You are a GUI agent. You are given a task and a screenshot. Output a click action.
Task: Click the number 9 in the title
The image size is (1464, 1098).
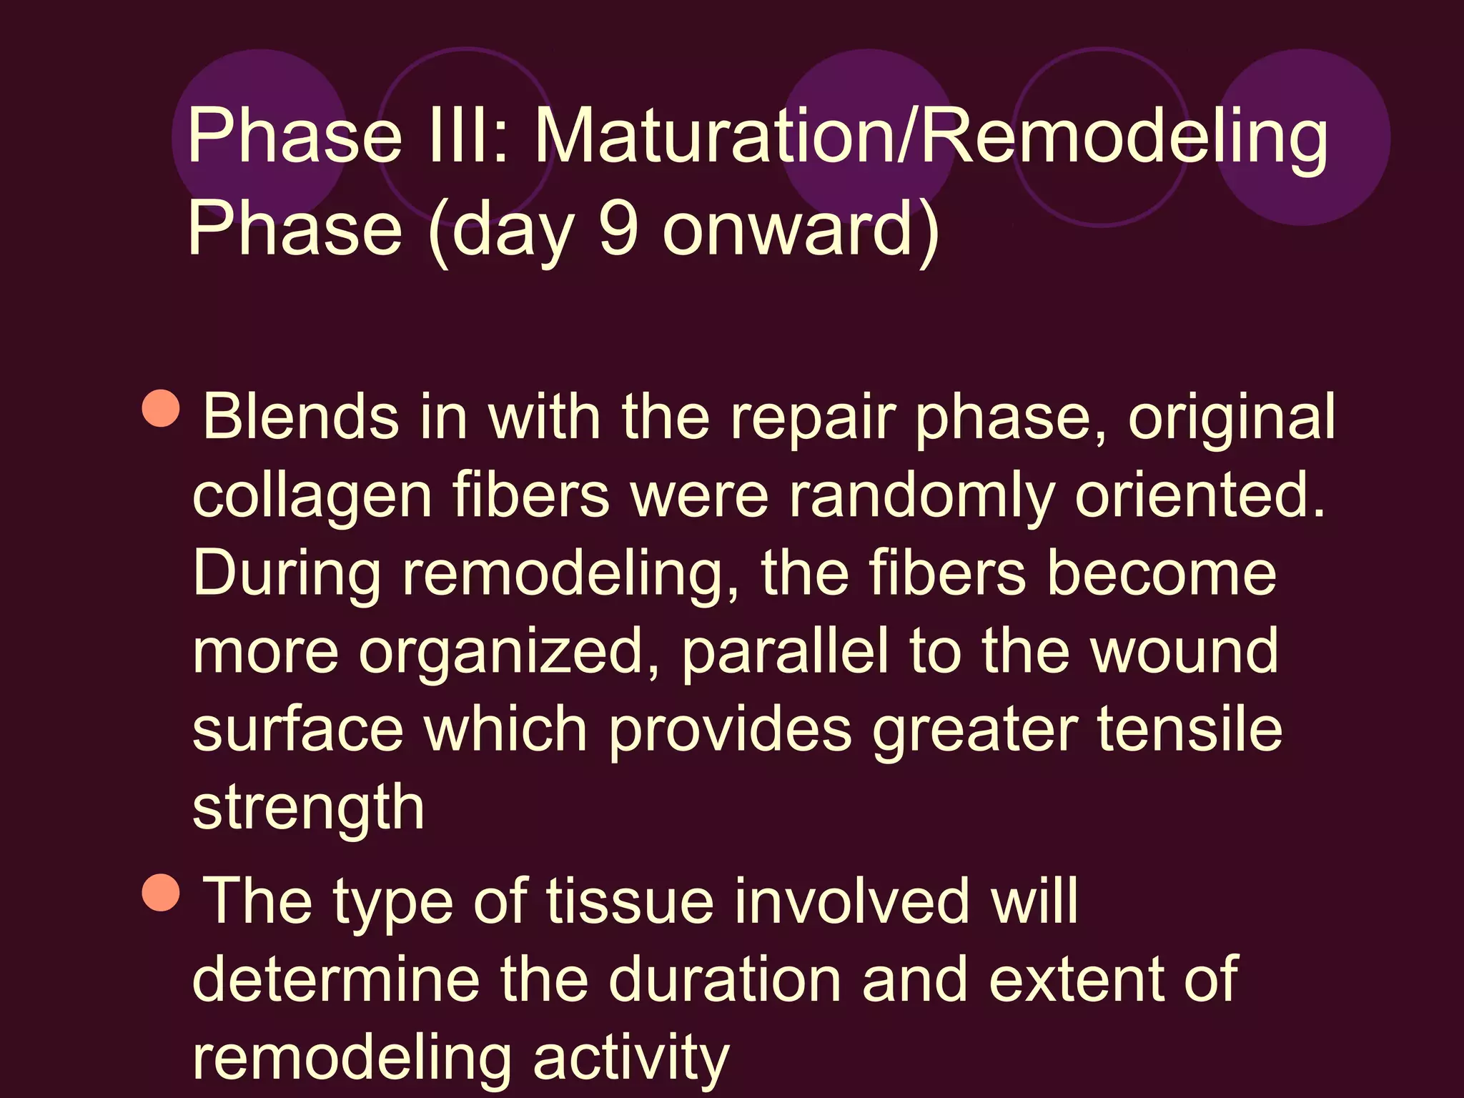618,229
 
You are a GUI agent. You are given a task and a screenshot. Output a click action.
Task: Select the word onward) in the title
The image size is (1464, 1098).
801,229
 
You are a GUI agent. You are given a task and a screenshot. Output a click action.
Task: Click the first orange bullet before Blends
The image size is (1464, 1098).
161,408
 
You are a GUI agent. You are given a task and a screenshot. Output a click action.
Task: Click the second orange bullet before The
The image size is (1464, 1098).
161,893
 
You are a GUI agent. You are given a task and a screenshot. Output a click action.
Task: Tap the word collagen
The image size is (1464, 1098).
312,497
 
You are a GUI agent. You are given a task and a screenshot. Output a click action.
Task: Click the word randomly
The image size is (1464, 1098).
921,497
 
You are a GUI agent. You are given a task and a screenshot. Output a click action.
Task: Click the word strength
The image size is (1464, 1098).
308,808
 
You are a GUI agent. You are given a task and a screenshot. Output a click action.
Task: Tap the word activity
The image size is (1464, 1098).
630,1059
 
